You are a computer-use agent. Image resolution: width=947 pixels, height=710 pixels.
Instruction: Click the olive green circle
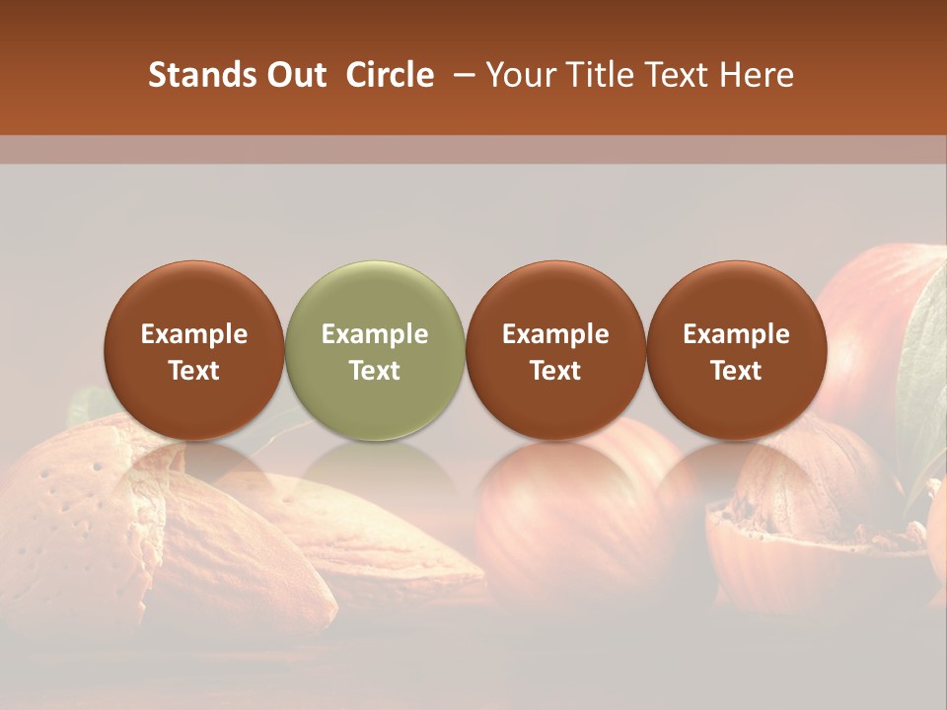[375, 350]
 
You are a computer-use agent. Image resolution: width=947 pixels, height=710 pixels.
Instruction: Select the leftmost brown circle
[194, 350]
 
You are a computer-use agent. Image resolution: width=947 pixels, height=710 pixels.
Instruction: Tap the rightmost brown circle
[736, 350]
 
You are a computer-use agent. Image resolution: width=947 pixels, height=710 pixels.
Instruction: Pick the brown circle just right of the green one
[555, 350]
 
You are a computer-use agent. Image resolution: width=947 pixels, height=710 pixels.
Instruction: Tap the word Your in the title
[520, 75]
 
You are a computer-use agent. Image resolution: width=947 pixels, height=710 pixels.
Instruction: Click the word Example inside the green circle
[375, 334]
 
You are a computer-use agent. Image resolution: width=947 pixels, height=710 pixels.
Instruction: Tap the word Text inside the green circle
[375, 371]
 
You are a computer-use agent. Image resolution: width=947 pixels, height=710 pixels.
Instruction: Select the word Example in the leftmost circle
[194, 334]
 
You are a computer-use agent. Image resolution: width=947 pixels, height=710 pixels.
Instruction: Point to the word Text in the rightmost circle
[736, 371]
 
